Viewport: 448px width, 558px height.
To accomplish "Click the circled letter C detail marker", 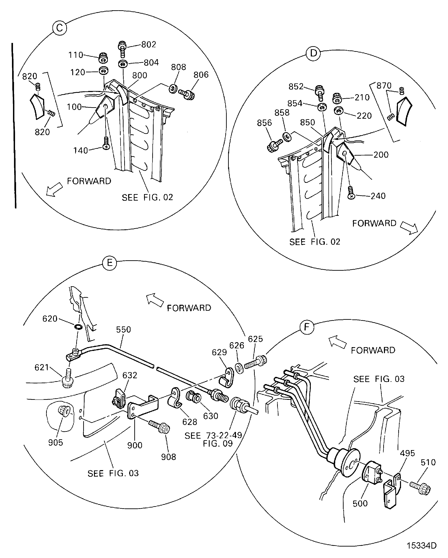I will [x=59, y=28].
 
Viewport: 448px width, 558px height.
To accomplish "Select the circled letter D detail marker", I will [x=313, y=53].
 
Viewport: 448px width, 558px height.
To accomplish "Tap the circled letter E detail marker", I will [x=110, y=263].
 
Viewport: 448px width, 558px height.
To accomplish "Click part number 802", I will [x=148, y=44].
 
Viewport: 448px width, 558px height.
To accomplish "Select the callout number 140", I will [x=80, y=150].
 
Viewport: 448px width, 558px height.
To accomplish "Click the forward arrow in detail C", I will [x=54, y=189].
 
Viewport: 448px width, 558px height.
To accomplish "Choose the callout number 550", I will [x=123, y=330].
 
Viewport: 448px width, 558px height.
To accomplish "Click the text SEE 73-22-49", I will [x=213, y=435].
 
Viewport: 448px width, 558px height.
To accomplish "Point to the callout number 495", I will [x=407, y=453].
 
